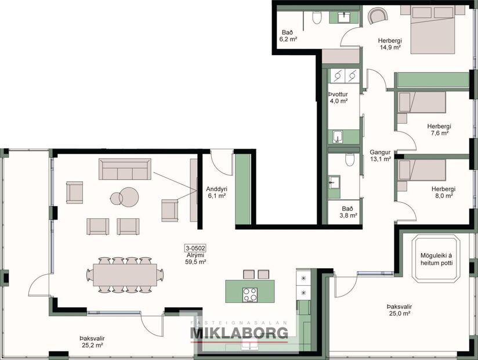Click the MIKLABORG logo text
point(240,333)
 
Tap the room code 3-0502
point(195,248)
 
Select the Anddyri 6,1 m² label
point(216,192)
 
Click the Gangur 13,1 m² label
point(381,155)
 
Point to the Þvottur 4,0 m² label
point(338,97)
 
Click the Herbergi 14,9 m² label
point(390,44)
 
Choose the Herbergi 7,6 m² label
point(439,129)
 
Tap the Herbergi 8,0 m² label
point(443,192)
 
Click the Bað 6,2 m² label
point(288,36)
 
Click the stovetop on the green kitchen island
point(250,294)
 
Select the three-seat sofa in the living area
point(125,169)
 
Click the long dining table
point(122,275)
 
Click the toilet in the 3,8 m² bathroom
point(349,160)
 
